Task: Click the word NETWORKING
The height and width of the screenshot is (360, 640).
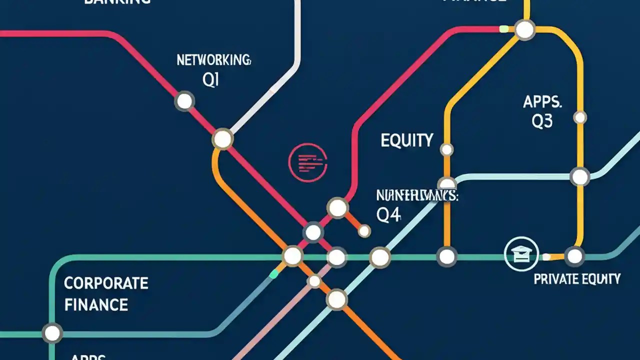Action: coord(213,60)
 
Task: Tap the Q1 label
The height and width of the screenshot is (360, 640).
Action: coord(211,80)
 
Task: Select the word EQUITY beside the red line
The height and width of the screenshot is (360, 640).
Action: coord(406,140)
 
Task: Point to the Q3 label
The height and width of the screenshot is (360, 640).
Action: coord(542,121)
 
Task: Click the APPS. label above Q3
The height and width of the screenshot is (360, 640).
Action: coord(542,102)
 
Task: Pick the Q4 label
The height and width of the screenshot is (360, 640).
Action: coord(388,215)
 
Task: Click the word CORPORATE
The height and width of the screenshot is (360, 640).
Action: coord(106,283)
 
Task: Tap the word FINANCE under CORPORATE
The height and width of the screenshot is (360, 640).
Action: coord(96,304)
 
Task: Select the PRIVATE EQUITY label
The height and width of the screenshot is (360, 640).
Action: coord(577,278)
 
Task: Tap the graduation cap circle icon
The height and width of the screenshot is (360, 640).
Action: coord(521,254)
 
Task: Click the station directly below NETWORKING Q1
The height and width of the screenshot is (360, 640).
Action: coord(184,101)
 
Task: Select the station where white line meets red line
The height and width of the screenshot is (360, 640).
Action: coord(222,139)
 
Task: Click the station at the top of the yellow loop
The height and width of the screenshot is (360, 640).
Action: coord(524,30)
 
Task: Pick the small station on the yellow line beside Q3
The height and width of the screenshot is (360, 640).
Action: coord(580,117)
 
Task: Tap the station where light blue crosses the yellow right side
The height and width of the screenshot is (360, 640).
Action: coord(580,176)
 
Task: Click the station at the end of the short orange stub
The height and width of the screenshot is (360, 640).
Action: coord(364,230)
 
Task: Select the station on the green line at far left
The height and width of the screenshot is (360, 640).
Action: coord(51,332)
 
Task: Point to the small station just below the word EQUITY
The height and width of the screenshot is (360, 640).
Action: coord(446,149)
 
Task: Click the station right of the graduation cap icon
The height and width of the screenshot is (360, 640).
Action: coord(575,256)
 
